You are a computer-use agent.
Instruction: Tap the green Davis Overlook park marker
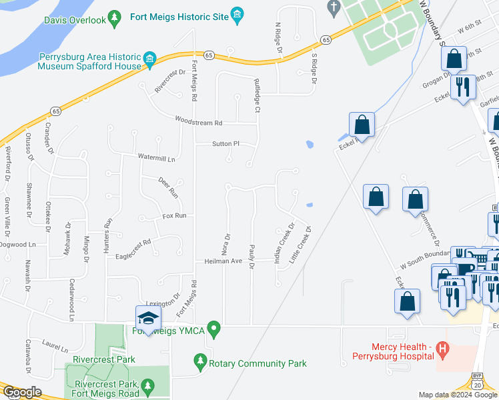point(115,17)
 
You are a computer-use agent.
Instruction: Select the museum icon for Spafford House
point(149,61)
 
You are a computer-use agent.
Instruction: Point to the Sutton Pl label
point(225,143)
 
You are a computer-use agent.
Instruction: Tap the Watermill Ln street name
point(156,159)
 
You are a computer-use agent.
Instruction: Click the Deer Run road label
point(168,187)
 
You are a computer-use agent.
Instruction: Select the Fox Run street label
point(173,216)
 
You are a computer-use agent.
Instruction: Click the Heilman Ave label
point(223,262)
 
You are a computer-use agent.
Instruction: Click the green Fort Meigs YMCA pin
point(213,328)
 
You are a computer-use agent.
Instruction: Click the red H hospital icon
point(441,348)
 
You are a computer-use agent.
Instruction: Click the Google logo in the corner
point(22,393)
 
